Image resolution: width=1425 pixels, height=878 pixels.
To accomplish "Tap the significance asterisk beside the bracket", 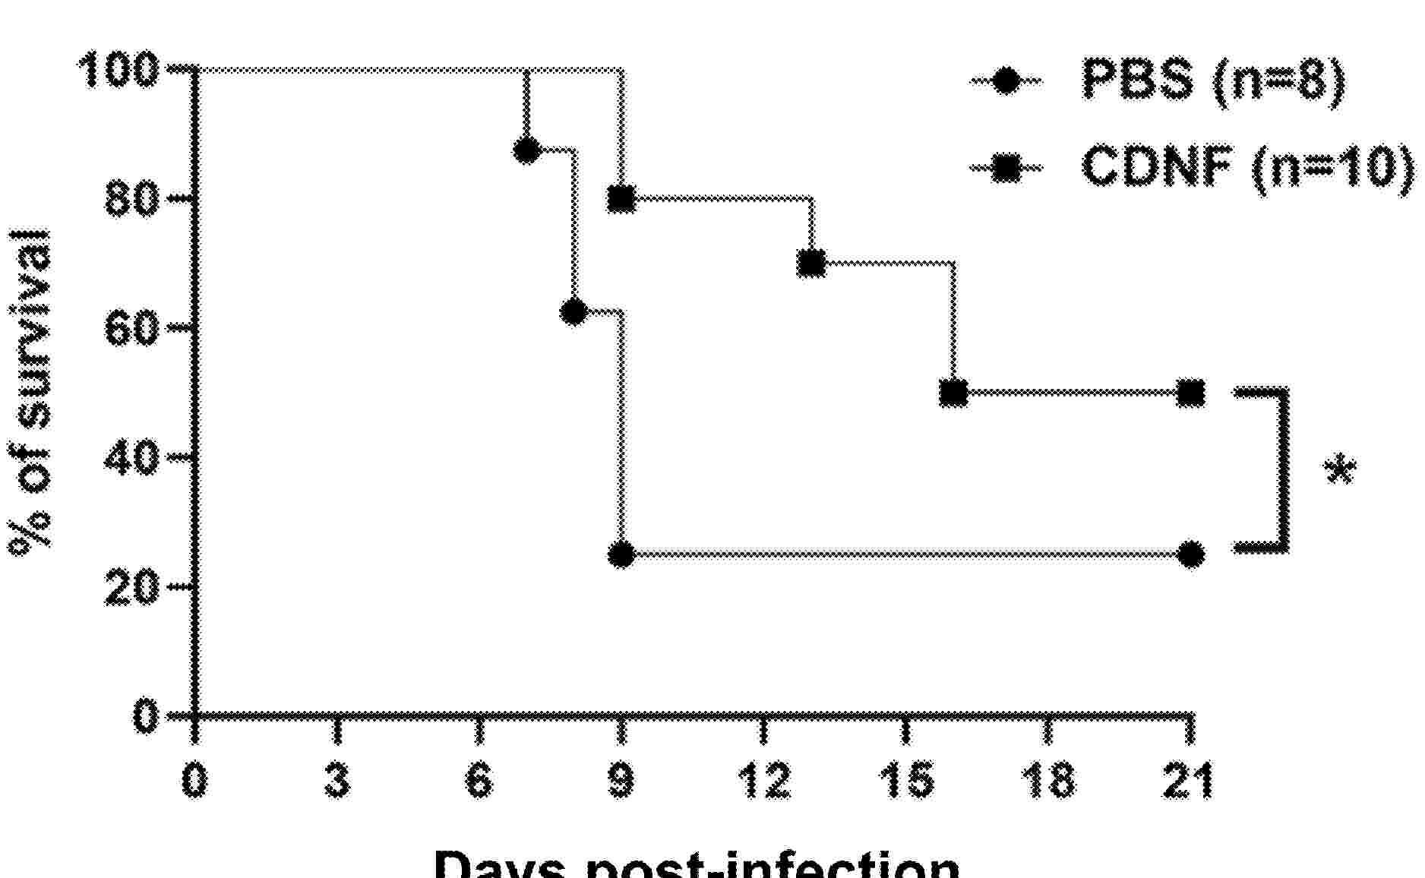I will (x=1340, y=470).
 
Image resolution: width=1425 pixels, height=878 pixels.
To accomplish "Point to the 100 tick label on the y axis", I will (x=118, y=71).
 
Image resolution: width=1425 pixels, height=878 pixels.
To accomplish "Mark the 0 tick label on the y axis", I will (x=145, y=715).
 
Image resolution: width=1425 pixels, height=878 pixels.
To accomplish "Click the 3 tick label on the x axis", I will (x=337, y=780).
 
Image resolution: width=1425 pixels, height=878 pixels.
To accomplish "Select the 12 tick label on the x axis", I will (x=763, y=780).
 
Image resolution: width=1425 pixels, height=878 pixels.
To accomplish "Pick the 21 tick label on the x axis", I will (x=1189, y=780).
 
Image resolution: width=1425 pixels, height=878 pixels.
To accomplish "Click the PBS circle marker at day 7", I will (x=526, y=150).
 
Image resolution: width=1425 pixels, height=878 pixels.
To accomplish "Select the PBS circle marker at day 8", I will (x=574, y=311).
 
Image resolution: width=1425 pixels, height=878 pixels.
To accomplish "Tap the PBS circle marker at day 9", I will (x=622, y=554).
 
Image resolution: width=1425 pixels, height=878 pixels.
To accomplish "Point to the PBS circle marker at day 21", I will (x=1191, y=554).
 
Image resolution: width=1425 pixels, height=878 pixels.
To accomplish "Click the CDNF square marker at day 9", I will (x=622, y=199).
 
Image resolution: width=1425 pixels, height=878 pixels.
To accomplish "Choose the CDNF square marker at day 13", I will (x=812, y=264).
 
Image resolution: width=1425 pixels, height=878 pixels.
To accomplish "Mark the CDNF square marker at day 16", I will (x=954, y=393).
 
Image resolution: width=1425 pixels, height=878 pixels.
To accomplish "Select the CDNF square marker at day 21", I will (x=1191, y=393).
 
